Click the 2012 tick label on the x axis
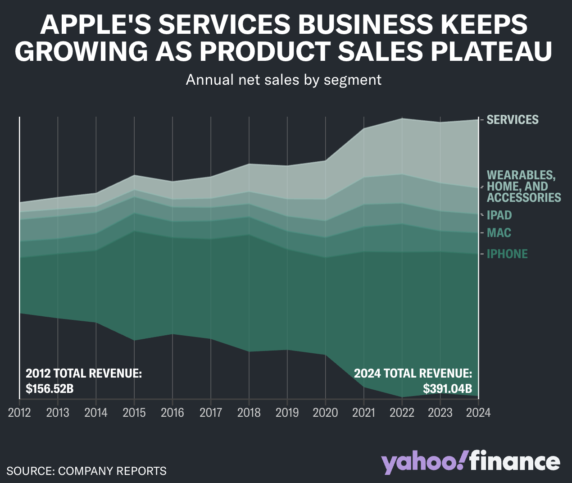tap(19, 413)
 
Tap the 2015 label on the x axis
tap(134, 413)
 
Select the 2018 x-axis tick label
tap(249, 413)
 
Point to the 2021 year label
tap(363, 413)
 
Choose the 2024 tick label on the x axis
tap(478, 413)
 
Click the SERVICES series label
tap(513, 120)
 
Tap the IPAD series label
tap(499, 215)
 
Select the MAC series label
tap(499, 233)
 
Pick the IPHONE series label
tap(507, 254)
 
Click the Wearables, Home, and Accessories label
tap(523, 187)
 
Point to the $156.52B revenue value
tap(50, 388)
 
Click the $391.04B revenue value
tap(447, 388)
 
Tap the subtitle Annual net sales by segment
tap(284, 80)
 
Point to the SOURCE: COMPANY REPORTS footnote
tap(86, 471)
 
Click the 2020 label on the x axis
tap(325, 413)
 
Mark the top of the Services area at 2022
tap(402, 118)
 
